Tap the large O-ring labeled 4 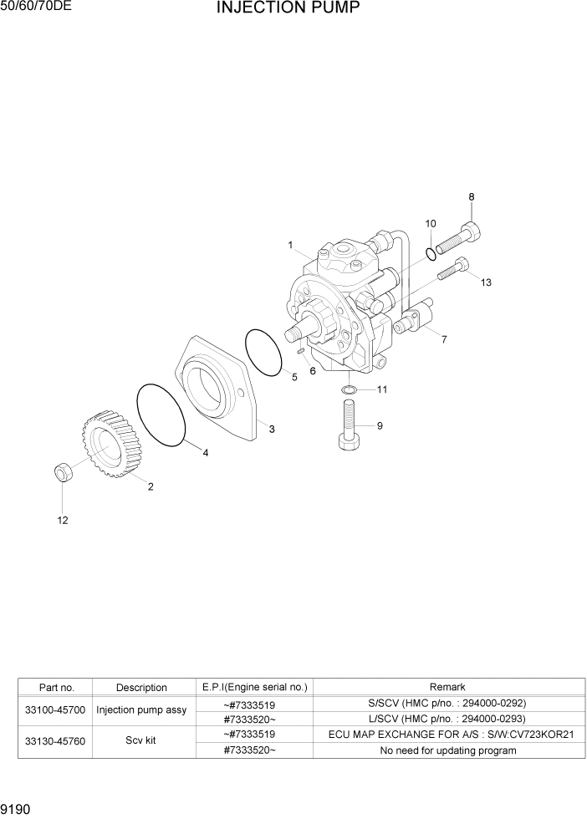tap(161, 414)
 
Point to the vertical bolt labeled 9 tap(350, 426)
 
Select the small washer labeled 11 tap(350, 389)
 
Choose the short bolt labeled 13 tap(452, 269)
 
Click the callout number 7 tap(444, 339)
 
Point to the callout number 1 tap(290, 246)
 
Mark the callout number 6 tap(313, 370)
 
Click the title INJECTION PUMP tap(288, 9)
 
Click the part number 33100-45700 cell tap(56, 710)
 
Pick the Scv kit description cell tap(141, 740)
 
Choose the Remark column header tap(447, 687)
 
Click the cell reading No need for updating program tap(447, 750)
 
